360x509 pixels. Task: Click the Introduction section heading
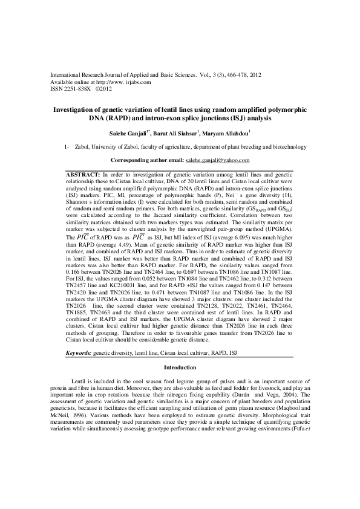tap(180, 368)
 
